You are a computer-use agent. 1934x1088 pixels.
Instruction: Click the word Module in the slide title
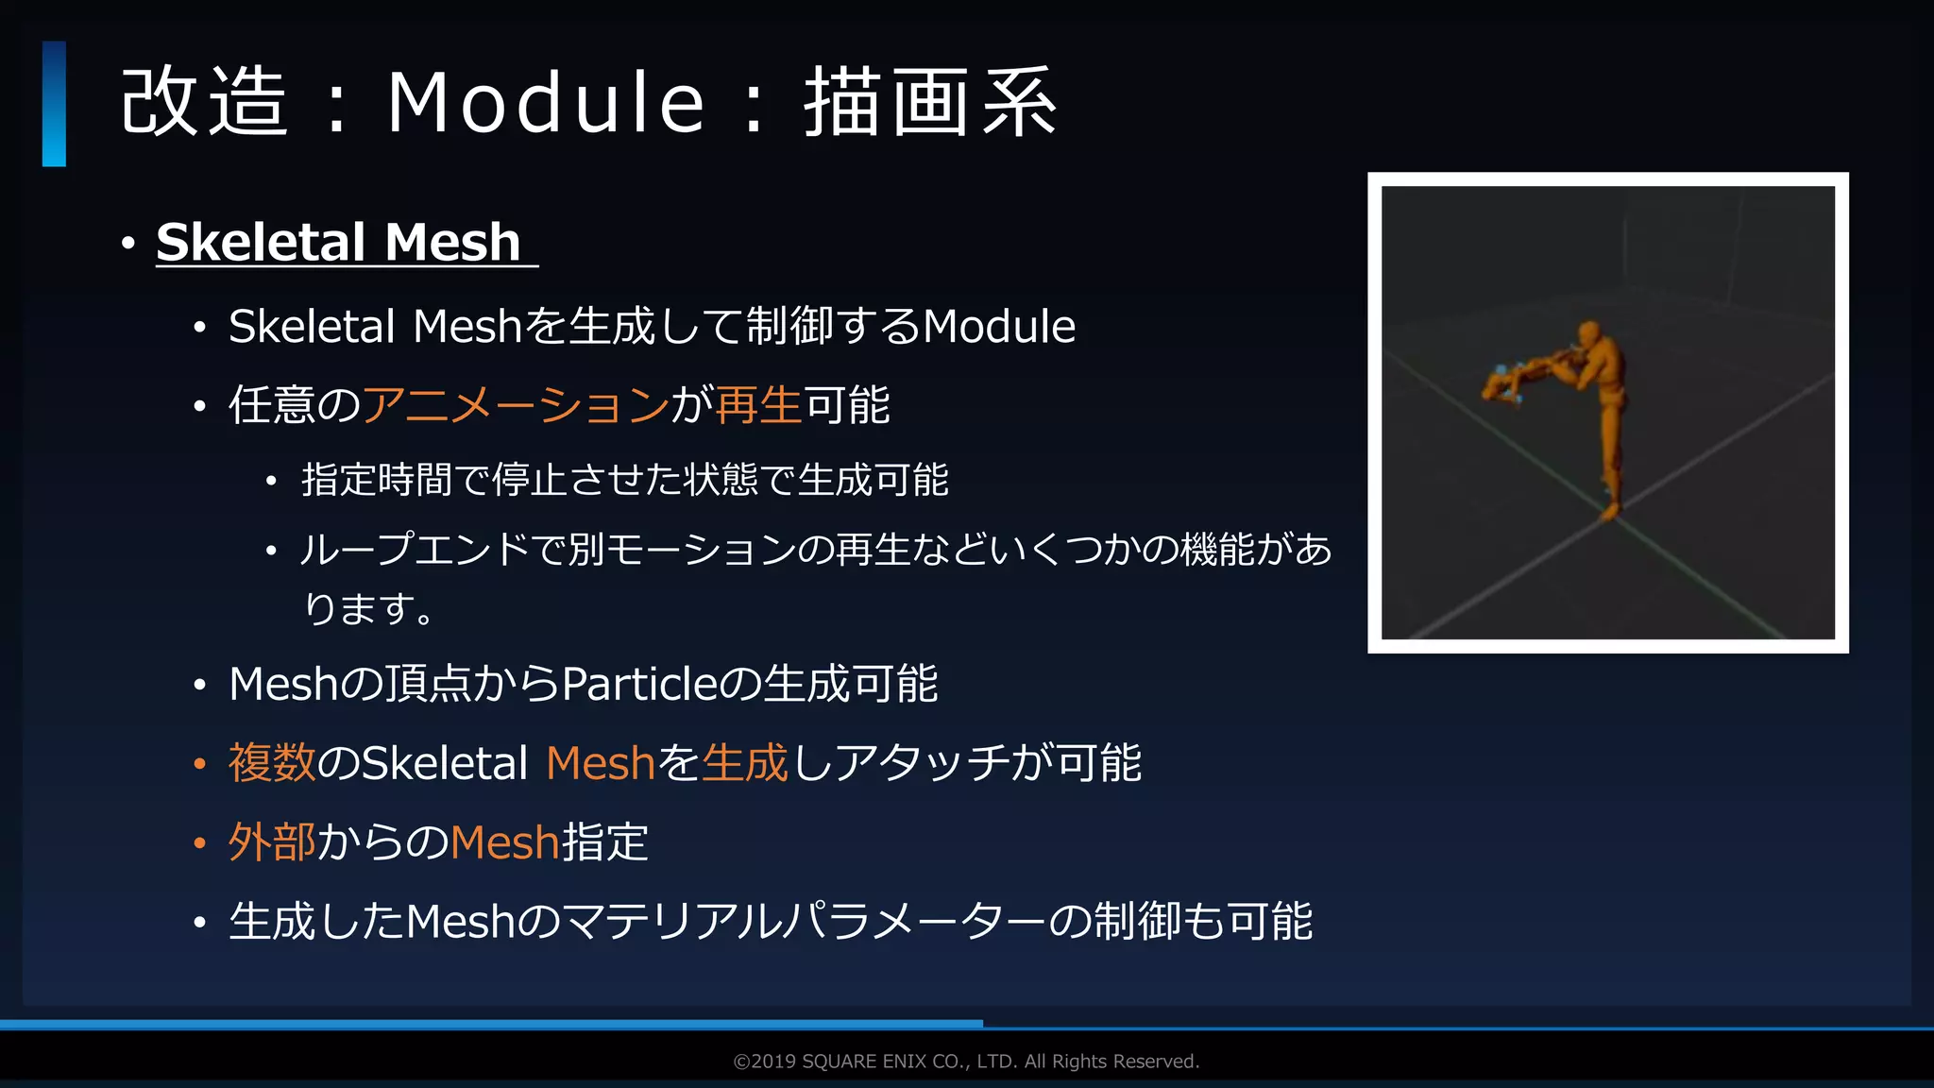(x=546, y=102)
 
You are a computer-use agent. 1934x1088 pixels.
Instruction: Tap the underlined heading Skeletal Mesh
(x=339, y=242)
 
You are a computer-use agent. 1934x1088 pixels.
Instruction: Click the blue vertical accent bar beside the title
(x=54, y=104)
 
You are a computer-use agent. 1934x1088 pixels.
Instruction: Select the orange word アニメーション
(x=516, y=405)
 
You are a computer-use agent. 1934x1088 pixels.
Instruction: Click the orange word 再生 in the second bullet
(x=758, y=405)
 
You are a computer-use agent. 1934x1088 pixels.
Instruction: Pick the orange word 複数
(x=272, y=763)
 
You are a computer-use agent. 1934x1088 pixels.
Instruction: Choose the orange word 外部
(x=272, y=842)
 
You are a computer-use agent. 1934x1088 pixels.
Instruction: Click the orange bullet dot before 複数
(x=199, y=764)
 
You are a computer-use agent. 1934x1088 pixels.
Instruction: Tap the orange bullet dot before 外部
(x=199, y=843)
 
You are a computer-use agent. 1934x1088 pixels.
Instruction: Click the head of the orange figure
(x=1589, y=334)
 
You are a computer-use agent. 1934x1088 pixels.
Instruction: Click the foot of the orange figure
(x=1609, y=511)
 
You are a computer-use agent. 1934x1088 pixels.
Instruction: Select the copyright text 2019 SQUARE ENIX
(x=966, y=1062)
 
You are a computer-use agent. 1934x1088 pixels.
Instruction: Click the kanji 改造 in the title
(x=204, y=102)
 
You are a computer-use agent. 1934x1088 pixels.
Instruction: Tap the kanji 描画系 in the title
(x=930, y=102)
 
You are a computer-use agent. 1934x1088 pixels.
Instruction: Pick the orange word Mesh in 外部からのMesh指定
(x=505, y=842)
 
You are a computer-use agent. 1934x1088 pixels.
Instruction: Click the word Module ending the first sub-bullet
(x=998, y=327)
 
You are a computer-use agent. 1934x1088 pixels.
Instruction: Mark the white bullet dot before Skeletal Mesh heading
(x=128, y=244)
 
